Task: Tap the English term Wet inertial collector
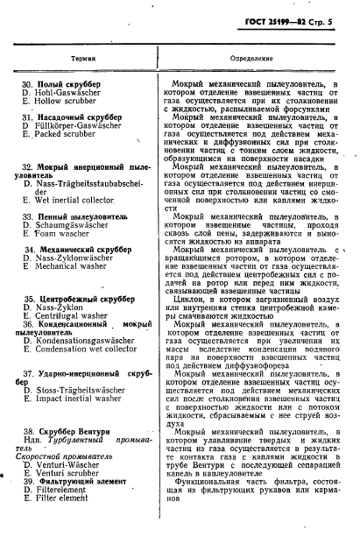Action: (81, 200)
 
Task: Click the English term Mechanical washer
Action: (74, 267)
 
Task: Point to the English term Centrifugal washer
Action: (75, 318)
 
